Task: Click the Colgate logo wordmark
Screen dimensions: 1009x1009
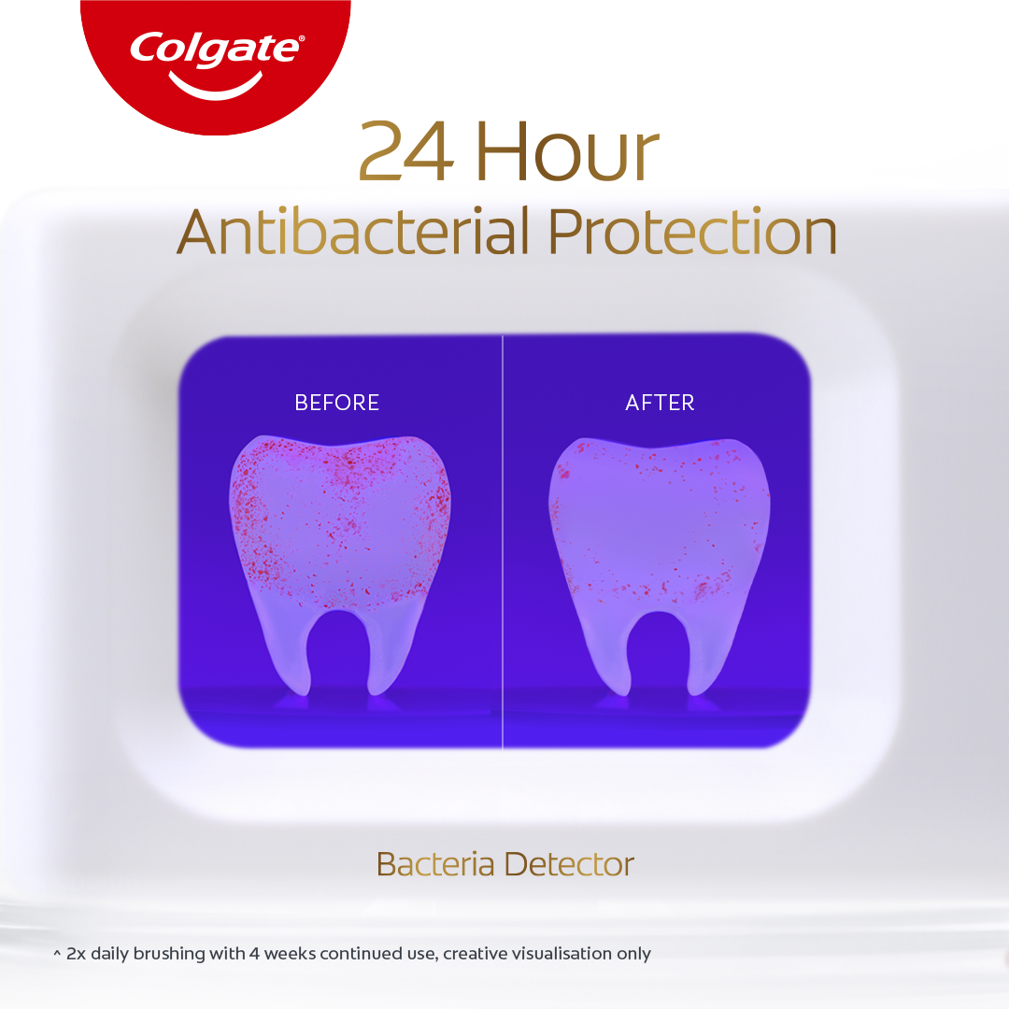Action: [216, 48]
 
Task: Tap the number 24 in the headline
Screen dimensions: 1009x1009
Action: [405, 153]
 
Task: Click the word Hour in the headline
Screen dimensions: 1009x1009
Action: [567, 153]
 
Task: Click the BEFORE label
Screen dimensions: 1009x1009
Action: [336, 403]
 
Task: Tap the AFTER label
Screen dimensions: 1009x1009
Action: [660, 403]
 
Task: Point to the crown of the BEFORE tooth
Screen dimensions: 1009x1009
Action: [339, 523]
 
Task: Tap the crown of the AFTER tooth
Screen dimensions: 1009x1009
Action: [661, 523]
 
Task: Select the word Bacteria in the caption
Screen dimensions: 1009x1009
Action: [435, 864]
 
